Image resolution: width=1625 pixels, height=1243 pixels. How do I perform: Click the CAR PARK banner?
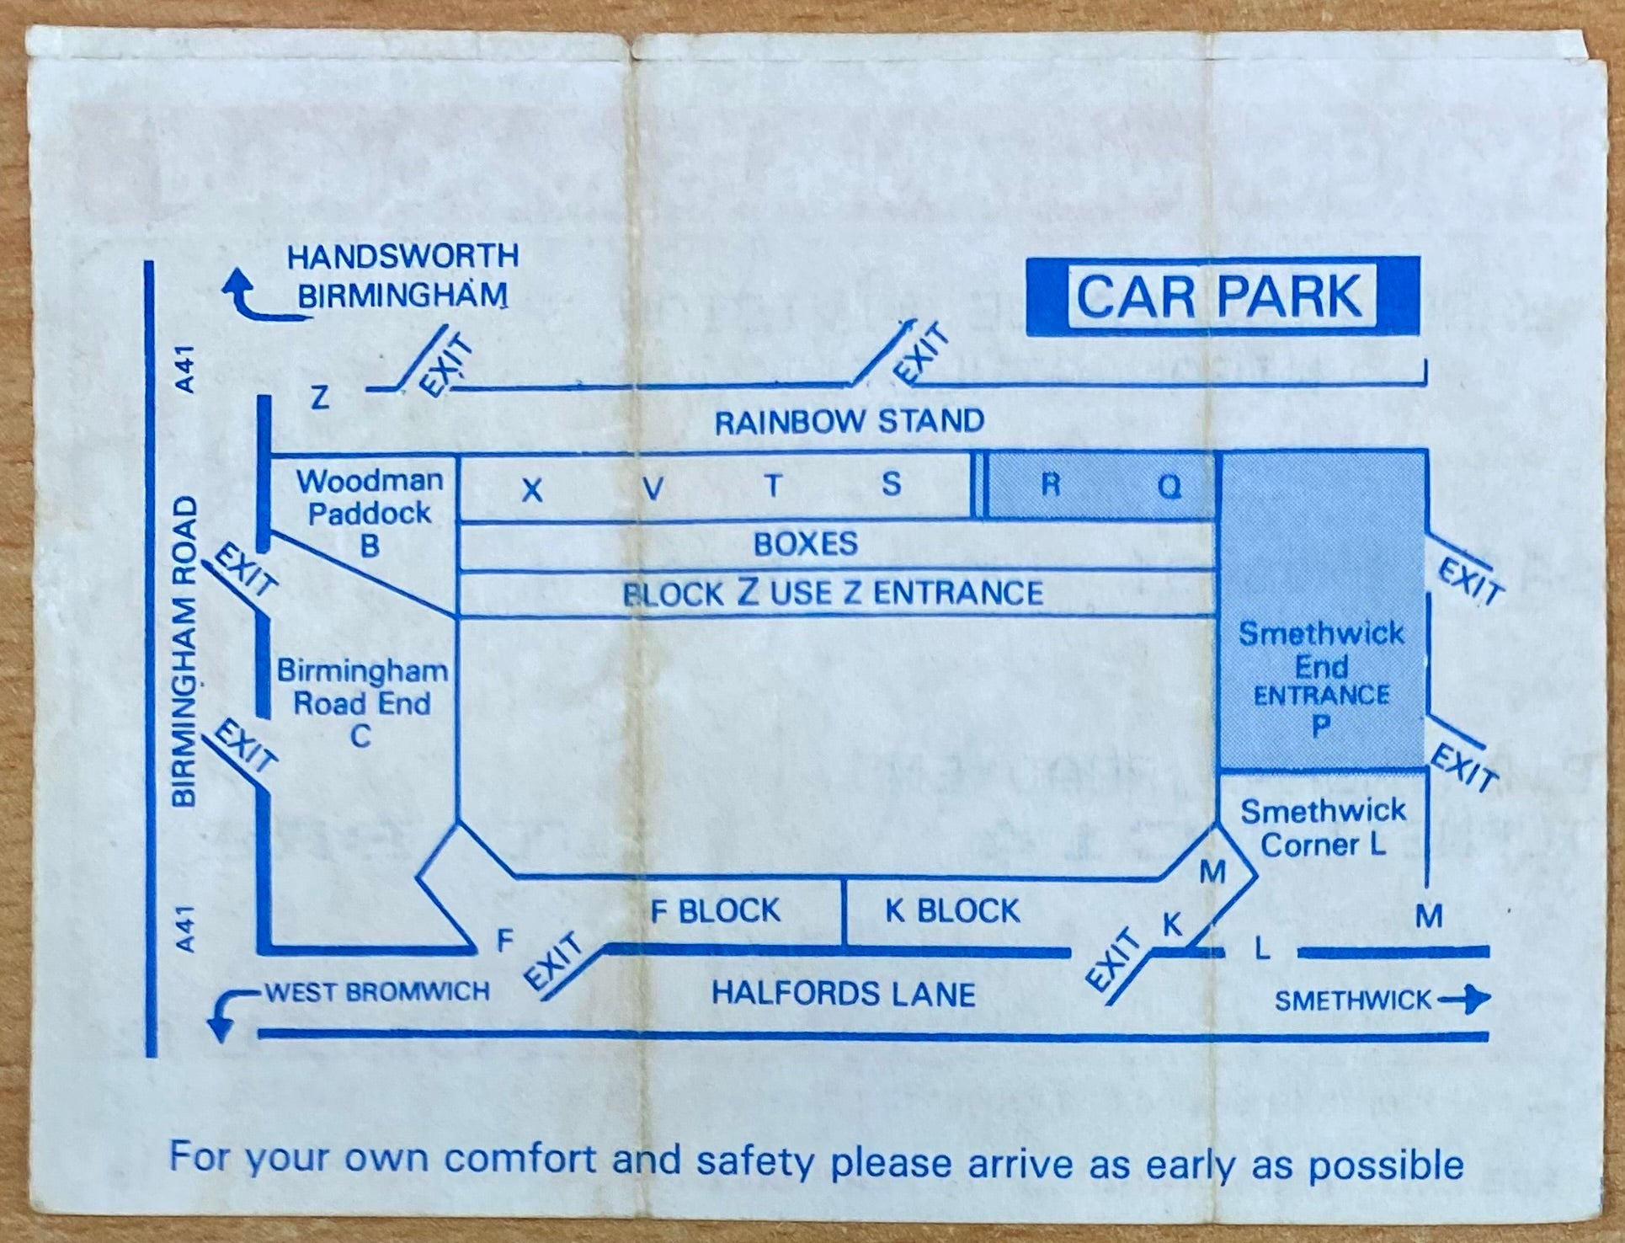pyautogui.click(x=1223, y=296)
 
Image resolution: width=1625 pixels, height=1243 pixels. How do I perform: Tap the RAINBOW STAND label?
pyautogui.click(x=850, y=421)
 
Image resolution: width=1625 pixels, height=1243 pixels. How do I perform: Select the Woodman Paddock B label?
pyautogui.click(x=370, y=513)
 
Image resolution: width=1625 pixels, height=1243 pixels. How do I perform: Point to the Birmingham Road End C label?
pyautogui.click(x=362, y=703)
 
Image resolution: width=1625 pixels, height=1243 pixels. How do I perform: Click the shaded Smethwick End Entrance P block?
pyautogui.click(x=1322, y=611)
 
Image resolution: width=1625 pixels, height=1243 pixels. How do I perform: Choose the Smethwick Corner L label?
pyautogui.click(x=1323, y=828)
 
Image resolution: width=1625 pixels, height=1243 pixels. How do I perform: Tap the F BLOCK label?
pyautogui.click(x=716, y=910)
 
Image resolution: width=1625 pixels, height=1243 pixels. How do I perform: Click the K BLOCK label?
pyautogui.click(x=952, y=910)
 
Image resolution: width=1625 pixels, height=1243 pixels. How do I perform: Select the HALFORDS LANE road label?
pyautogui.click(x=844, y=995)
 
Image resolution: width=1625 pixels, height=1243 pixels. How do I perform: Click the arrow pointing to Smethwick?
pyautogui.click(x=1464, y=1000)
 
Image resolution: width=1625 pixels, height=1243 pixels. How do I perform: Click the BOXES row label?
pyautogui.click(x=806, y=544)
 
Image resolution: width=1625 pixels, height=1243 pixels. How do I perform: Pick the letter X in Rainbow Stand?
pyautogui.click(x=532, y=490)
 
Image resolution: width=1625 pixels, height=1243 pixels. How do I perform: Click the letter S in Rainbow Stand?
pyautogui.click(x=892, y=484)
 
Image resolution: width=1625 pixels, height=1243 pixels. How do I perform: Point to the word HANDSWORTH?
pyautogui.click(x=402, y=257)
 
